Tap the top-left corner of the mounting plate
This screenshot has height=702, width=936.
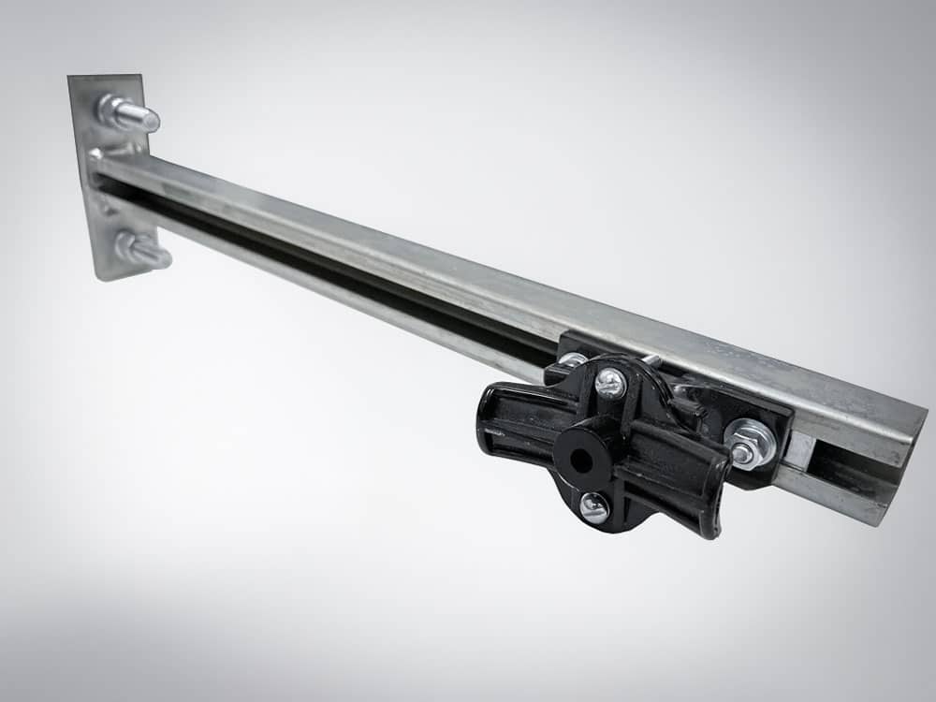pos(71,79)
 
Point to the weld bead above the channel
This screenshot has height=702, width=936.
pos(120,151)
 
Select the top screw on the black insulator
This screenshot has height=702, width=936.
pos(609,381)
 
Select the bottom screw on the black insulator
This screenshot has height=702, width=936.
pos(593,508)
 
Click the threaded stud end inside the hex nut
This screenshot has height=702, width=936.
pos(742,453)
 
